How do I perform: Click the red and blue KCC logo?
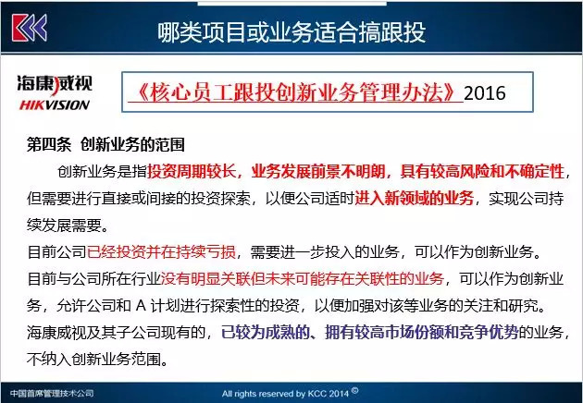pyautogui.click(x=30, y=28)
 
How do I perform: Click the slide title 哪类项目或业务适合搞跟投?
pyautogui.click(x=291, y=32)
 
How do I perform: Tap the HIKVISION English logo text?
pyautogui.click(x=55, y=105)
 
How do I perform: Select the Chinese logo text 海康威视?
pyautogui.click(x=55, y=83)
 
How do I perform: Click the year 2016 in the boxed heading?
pyautogui.click(x=485, y=92)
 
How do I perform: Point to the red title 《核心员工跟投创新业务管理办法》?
pyautogui.click(x=295, y=92)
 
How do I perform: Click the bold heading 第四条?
pyautogui.click(x=49, y=144)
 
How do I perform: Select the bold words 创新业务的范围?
pyautogui.click(x=132, y=144)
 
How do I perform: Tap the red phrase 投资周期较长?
pyautogui.click(x=192, y=172)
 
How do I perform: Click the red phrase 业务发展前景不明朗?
pyautogui.click(x=318, y=172)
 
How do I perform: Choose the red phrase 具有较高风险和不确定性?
pyautogui.click(x=482, y=172)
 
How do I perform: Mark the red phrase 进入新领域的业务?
pyautogui.click(x=415, y=199)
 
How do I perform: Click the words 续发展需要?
pyautogui.click(x=64, y=226)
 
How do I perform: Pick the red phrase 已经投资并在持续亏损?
pyautogui.click(x=161, y=251)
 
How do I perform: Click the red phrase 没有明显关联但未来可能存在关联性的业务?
pyautogui.click(x=303, y=278)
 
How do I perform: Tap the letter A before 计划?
pyautogui.click(x=141, y=306)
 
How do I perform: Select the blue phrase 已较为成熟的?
pyautogui.click(x=266, y=332)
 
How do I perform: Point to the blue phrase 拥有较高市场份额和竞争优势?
pyautogui.click(x=422, y=332)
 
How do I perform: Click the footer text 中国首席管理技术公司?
pyautogui.click(x=52, y=394)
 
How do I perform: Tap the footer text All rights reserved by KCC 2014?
pyautogui.click(x=285, y=394)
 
